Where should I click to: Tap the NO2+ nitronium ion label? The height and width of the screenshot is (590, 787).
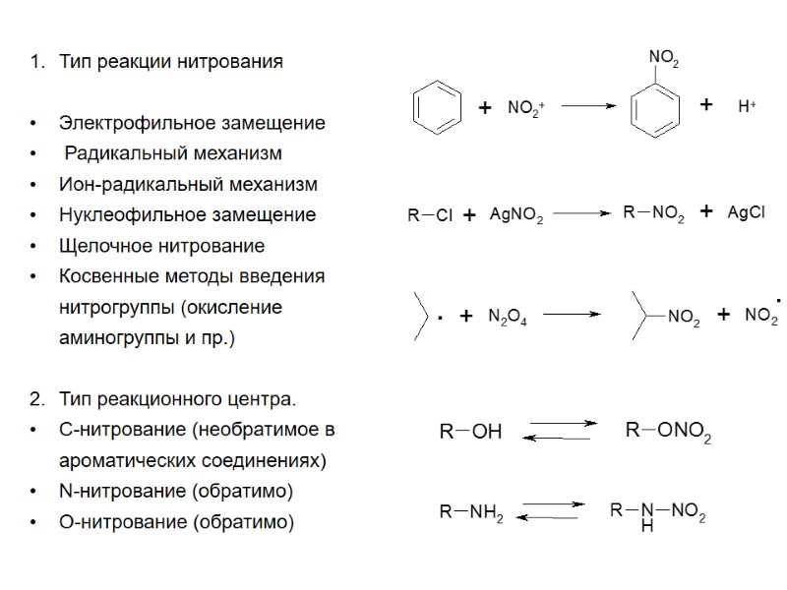pos(526,108)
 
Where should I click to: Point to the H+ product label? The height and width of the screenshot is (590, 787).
pos(747,106)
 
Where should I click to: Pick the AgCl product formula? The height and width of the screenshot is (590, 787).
pos(746,213)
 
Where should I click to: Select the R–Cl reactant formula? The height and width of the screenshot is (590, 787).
pos(430,215)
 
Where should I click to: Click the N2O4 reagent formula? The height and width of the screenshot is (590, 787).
pos(508,316)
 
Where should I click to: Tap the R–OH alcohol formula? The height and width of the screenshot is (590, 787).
pos(470,431)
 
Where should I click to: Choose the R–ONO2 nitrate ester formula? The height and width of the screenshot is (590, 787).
pos(668,431)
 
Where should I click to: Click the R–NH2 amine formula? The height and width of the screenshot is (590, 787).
pos(471,511)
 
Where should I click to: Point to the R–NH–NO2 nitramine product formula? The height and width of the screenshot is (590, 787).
pos(657,513)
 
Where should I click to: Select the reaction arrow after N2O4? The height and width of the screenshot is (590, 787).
pos(572,315)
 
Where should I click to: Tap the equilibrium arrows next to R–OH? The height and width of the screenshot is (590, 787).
pos(560,430)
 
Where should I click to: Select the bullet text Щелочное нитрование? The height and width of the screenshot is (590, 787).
pos(161,245)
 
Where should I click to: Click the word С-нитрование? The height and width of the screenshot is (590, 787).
pos(122,430)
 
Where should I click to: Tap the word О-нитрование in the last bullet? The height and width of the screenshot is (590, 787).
pos(123,521)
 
